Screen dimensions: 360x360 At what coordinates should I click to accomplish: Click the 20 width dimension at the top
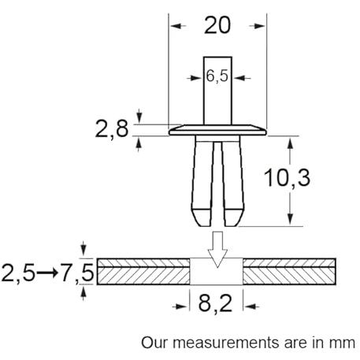(217, 25)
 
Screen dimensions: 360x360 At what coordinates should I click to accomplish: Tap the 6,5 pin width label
(217, 76)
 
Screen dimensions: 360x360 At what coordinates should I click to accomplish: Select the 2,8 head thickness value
(112, 129)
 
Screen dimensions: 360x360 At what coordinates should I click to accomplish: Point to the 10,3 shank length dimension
(288, 178)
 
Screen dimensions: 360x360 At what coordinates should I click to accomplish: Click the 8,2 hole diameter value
(215, 303)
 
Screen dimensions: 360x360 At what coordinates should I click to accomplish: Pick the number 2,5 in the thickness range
(18, 273)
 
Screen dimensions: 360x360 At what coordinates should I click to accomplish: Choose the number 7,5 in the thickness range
(76, 273)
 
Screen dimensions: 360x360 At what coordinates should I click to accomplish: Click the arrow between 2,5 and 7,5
(47, 273)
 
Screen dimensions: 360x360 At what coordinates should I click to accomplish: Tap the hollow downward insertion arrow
(217, 250)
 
